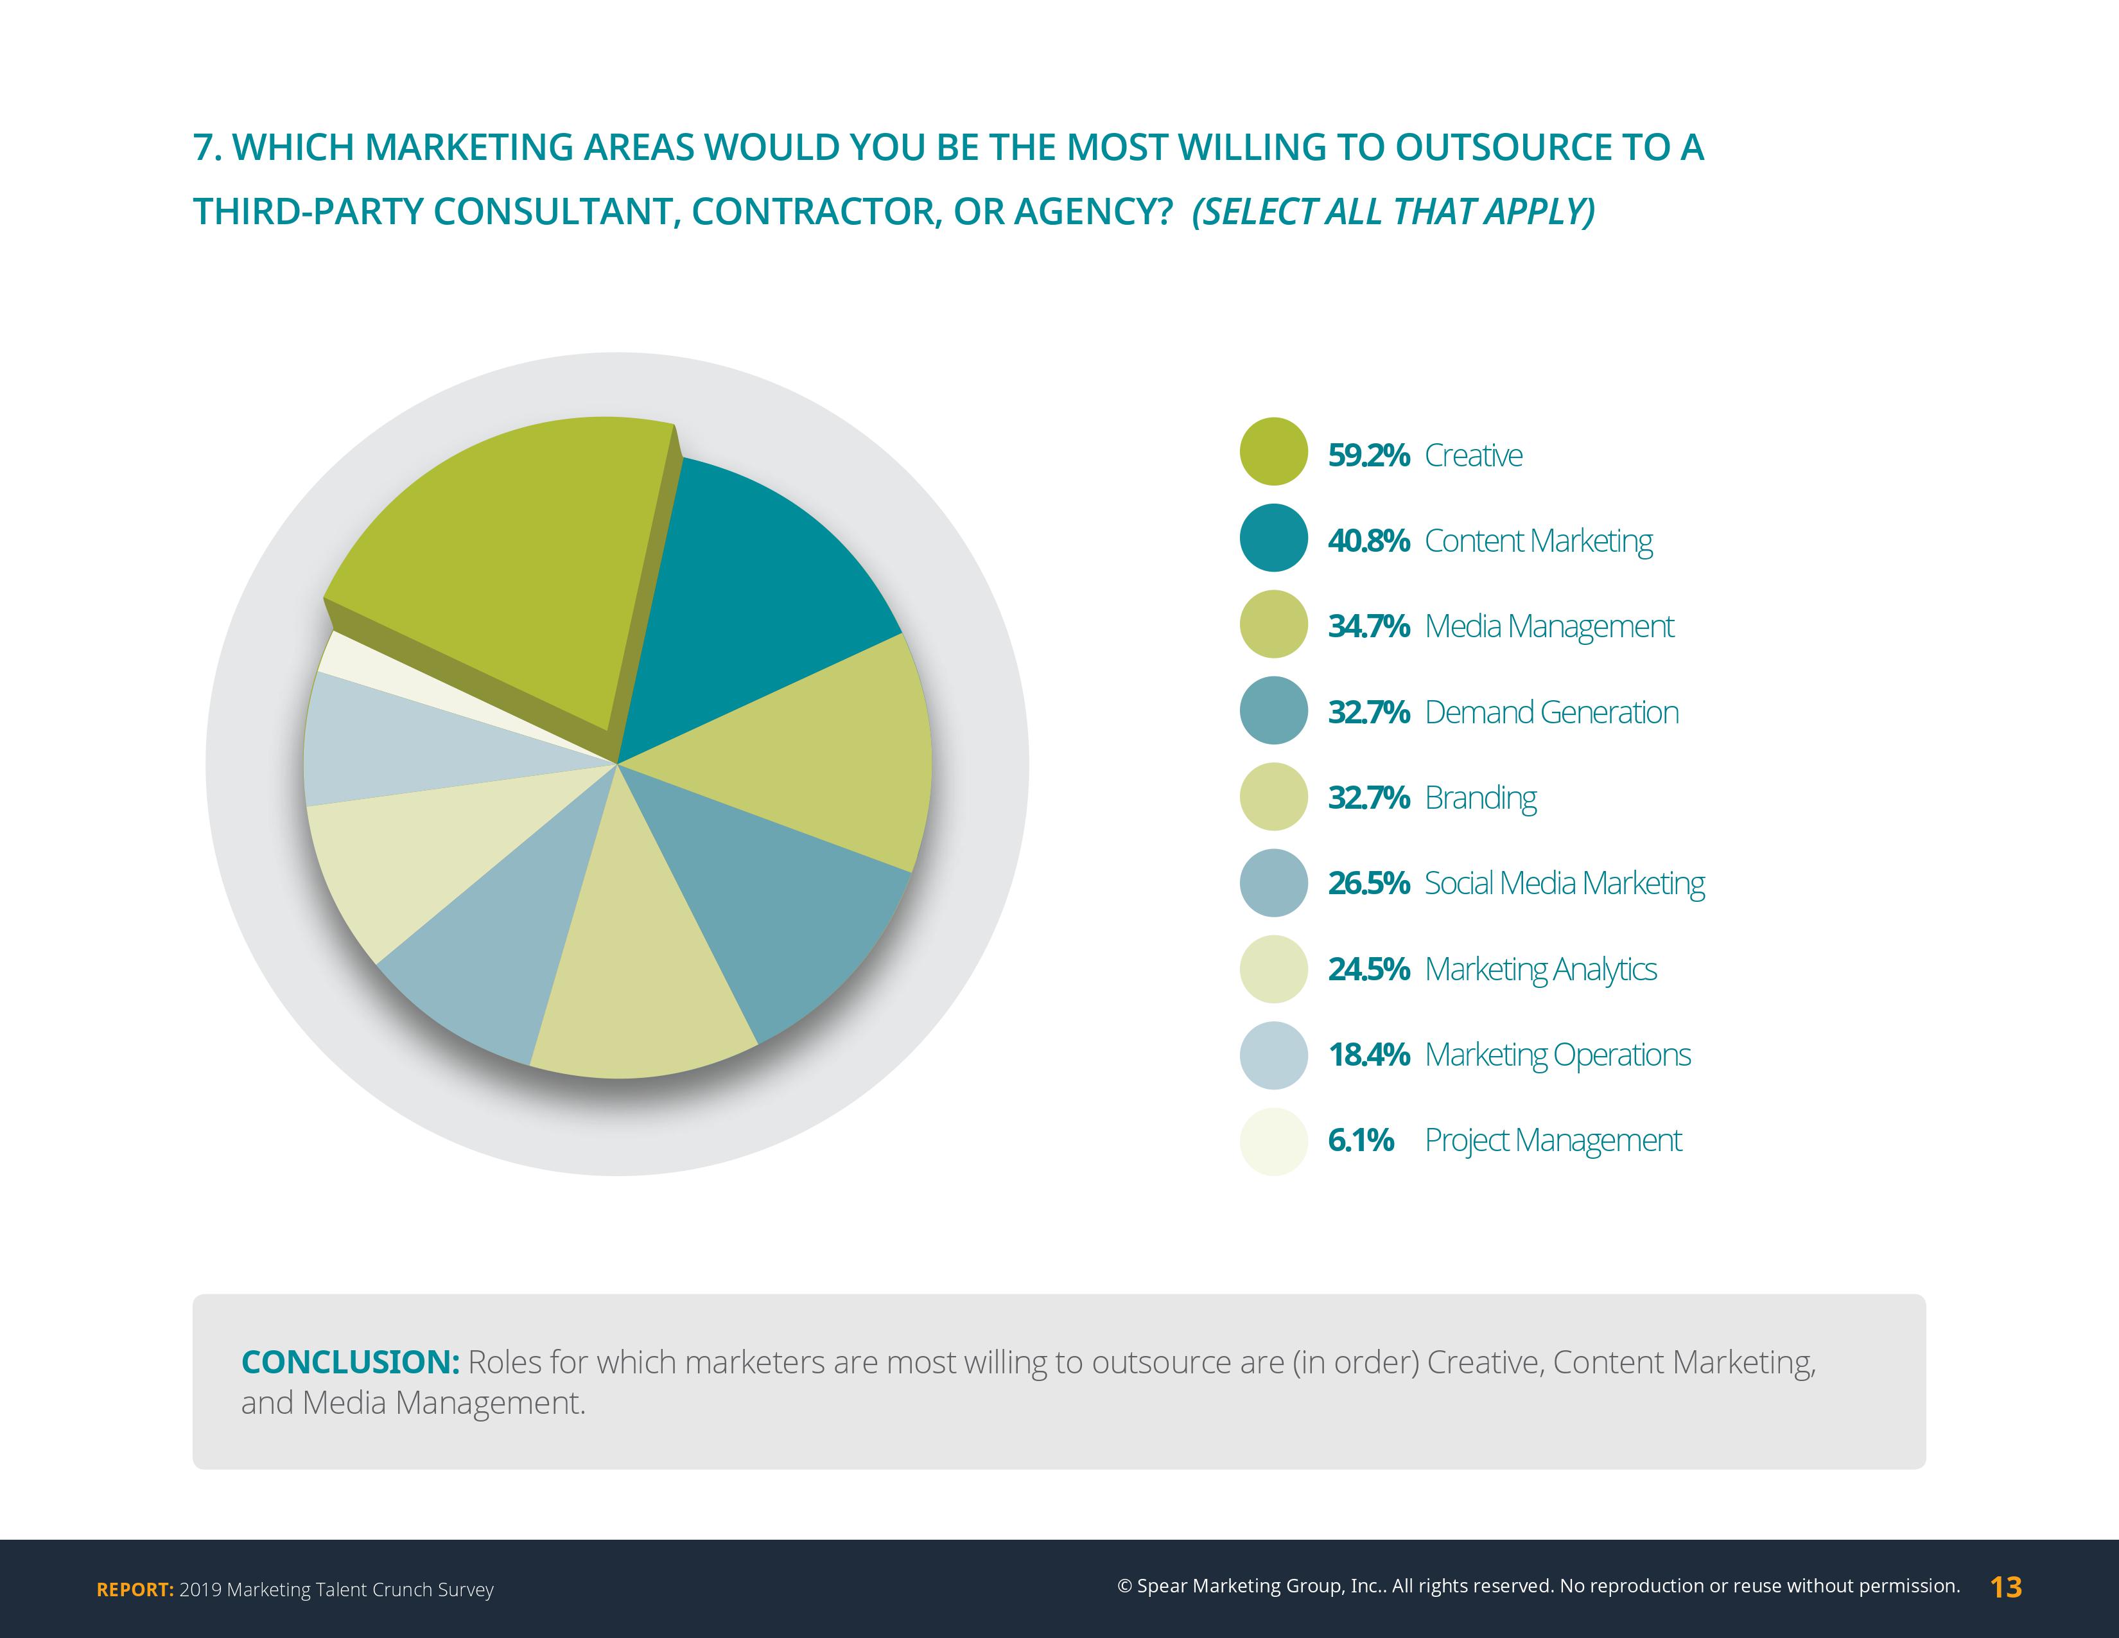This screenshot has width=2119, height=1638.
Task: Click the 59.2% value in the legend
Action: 1368,455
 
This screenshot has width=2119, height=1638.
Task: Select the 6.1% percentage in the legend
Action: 1360,1140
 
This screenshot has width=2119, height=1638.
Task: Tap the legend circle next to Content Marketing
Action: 1274,538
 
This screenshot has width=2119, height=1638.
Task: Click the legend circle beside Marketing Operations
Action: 1274,1055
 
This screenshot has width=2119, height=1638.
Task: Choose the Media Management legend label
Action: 1549,627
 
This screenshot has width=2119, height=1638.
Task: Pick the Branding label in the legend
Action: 1481,798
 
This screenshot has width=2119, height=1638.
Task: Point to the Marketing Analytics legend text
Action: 1540,969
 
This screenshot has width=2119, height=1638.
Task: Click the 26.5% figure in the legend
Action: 1368,884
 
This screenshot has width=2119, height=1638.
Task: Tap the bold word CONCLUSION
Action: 350,1362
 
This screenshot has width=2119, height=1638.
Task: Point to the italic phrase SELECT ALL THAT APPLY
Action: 1393,211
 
